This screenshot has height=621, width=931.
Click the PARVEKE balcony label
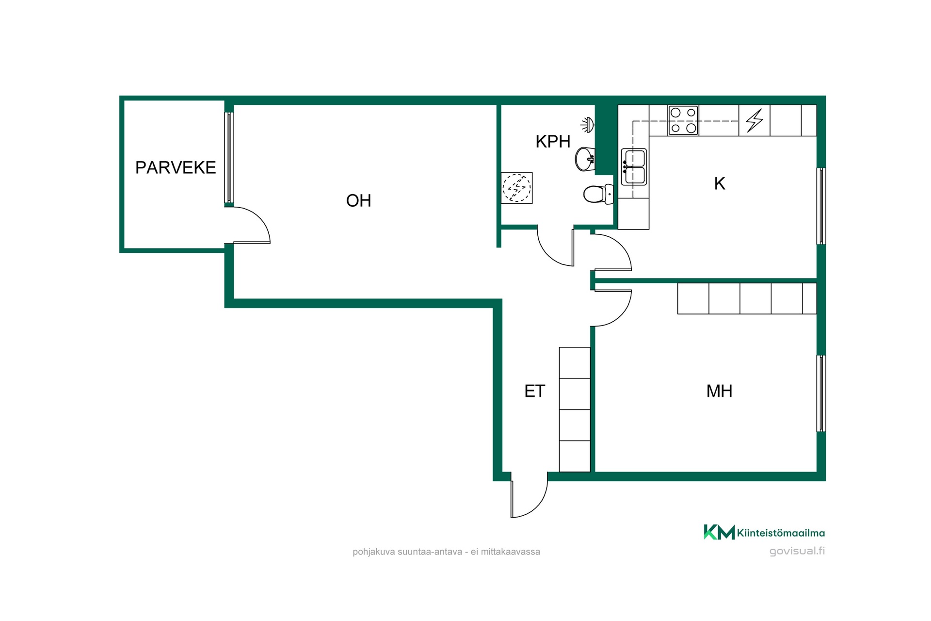tap(176, 167)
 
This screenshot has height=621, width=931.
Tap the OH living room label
tap(358, 200)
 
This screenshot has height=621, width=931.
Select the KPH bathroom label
tap(553, 142)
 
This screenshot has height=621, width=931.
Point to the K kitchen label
tap(720, 183)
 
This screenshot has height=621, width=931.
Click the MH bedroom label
tap(719, 391)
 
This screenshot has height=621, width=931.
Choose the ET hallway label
tap(535, 391)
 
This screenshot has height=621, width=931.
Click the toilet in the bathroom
tap(598, 195)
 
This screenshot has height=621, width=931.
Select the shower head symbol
tap(588, 125)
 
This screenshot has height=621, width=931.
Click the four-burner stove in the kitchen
tap(683, 120)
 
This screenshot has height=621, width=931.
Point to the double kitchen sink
tap(634, 167)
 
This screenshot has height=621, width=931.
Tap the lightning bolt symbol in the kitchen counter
tap(754, 120)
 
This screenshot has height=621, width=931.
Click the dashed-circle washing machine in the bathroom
tap(517, 188)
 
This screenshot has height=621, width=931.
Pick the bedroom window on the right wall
tap(821, 393)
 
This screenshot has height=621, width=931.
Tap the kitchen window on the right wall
tap(821, 206)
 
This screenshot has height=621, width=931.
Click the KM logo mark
tap(719, 532)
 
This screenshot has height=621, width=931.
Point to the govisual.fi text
tap(797, 551)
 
